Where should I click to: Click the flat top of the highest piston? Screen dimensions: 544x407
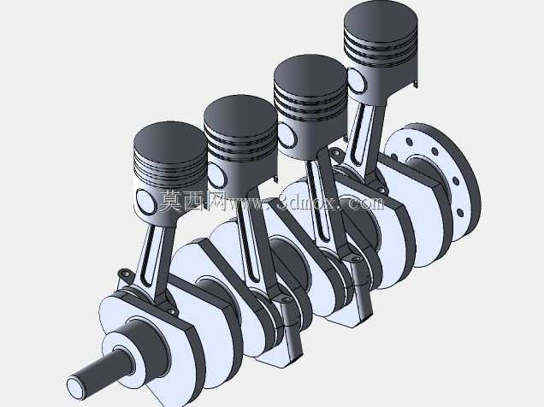[x=381, y=22]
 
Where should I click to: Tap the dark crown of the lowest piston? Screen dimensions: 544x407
[x=170, y=140]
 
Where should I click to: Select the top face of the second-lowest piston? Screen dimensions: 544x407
[x=240, y=114]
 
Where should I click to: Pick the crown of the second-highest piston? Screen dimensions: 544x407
[x=310, y=74]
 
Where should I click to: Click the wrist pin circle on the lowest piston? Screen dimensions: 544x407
[x=146, y=201]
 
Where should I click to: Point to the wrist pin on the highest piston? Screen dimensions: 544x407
[x=357, y=80]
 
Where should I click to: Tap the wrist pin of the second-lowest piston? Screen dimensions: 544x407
[x=217, y=174]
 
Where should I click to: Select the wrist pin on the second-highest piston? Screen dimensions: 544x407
[x=287, y=135]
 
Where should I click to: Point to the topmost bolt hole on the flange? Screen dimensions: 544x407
[x=410, y=141]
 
